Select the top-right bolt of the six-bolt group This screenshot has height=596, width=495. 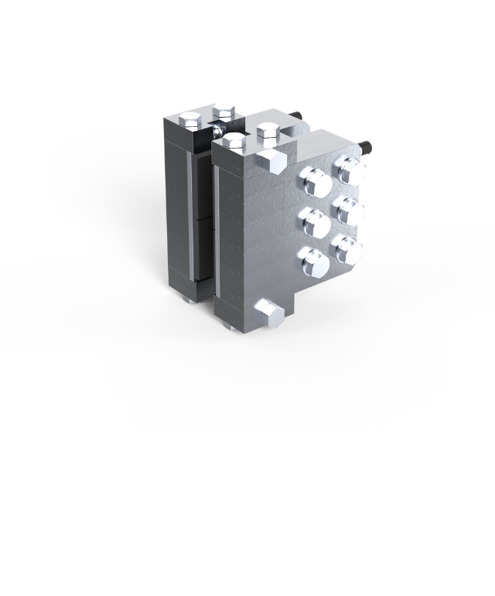[350, 170]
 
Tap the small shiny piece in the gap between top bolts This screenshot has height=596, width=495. [220, 132]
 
